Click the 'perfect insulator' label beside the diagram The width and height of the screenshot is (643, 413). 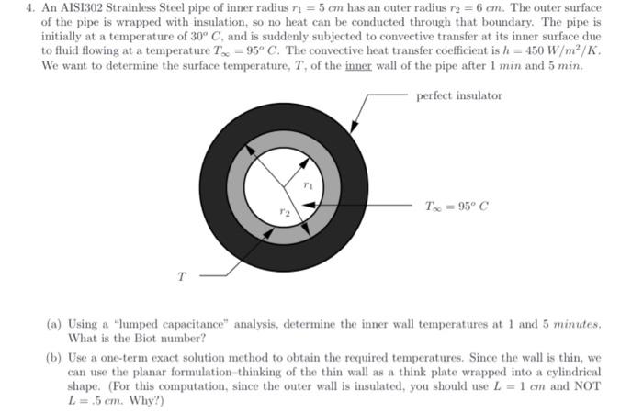pos(459,95)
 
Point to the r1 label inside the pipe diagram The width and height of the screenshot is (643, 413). pos(308,186)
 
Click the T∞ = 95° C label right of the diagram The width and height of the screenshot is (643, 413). pos(457,206)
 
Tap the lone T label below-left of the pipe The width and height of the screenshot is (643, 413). pos(180,273)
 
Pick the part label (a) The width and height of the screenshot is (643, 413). pos(54,324)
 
